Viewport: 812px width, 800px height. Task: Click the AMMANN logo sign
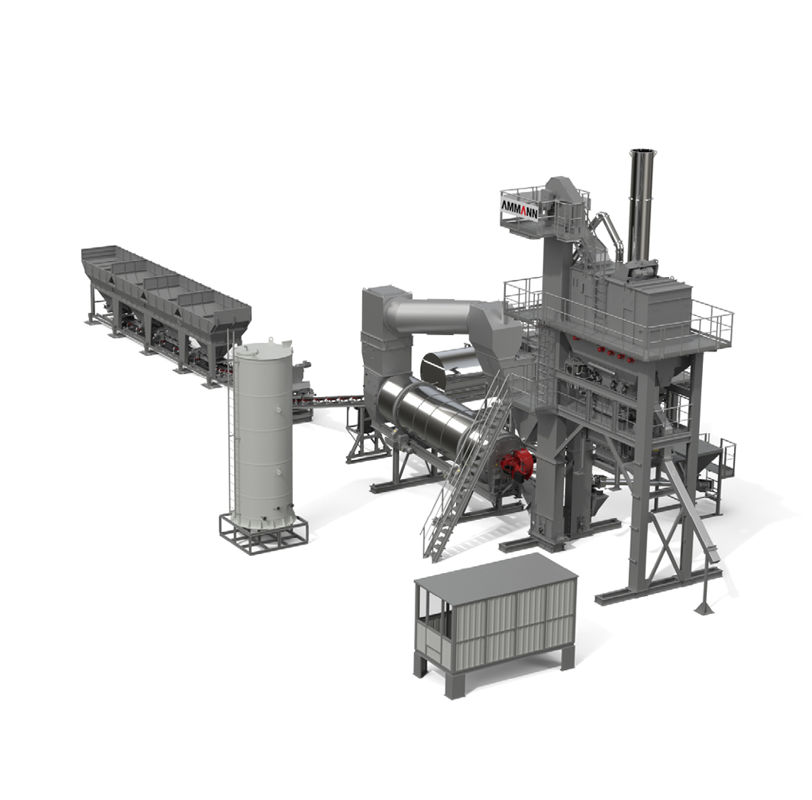click(x=518, y=209)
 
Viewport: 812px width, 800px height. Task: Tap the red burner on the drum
click(x=516, y=464)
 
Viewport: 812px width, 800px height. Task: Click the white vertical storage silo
click(x=262, y=434)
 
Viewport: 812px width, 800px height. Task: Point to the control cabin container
click(x=495, y=625)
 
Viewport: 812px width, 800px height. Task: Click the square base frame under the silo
click(x=264, y=533)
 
